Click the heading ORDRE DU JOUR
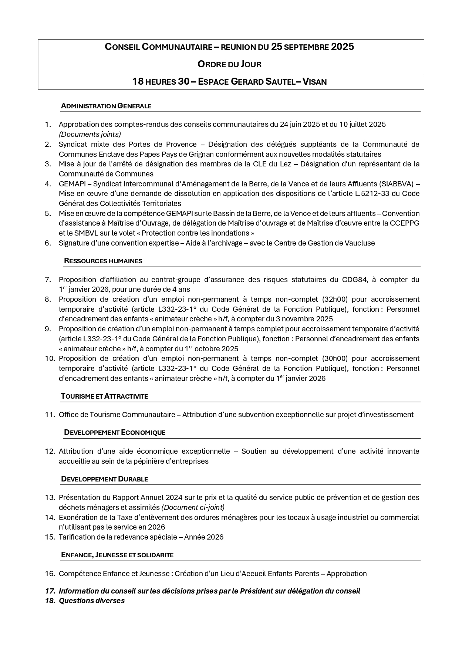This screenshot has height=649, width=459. pos(229,64)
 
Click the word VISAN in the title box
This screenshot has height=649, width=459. pos(315,82)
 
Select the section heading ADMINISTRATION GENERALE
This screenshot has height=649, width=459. pos(106,106)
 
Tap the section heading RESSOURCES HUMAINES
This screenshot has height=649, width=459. pos(103,261)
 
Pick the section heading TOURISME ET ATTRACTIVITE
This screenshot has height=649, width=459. pos(104,396)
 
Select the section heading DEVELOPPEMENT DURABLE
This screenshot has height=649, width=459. pos(104,479)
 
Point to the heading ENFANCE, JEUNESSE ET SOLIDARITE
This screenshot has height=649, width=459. pos(117,555)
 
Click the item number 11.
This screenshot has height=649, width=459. pos(50,415)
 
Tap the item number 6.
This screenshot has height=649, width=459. pos(48,243)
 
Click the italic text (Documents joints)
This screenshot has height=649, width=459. pos(90,134)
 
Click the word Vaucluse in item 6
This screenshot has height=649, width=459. pos(360,243)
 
